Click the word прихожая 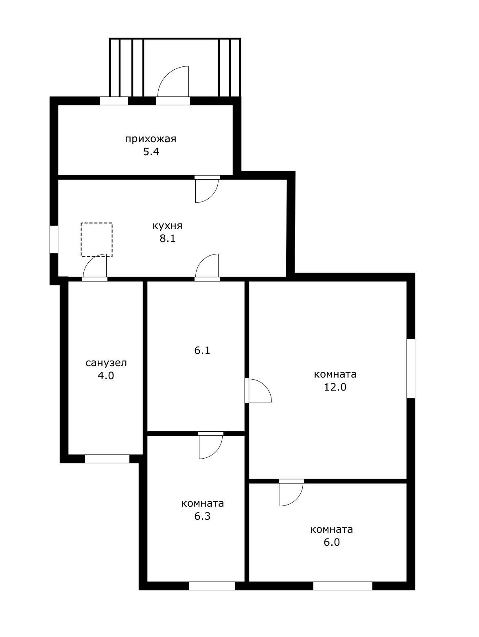pos(151,139)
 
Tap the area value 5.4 pos(151,152)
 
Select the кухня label pos(167,226)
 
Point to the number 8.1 pos(168,239)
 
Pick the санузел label pos(106,363)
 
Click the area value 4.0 pos(106,376)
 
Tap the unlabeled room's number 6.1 pos(202,351)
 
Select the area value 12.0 pos(335,387)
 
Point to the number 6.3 pos(202,516)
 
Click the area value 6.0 pos(332,542)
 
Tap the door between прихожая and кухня pos(207,189)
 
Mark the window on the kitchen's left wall pos(54,239)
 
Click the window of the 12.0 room pos(411,369)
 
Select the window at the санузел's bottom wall pos(107,459)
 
